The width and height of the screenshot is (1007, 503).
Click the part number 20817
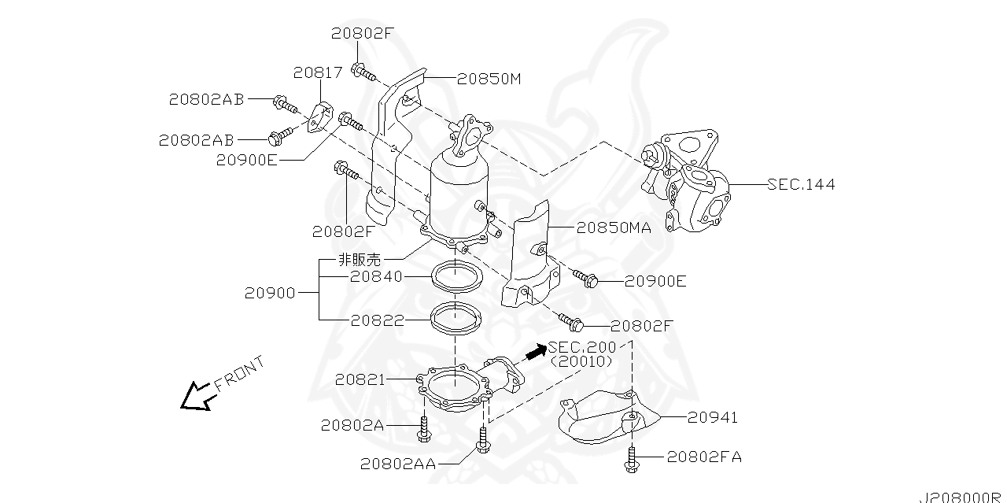[318, 72]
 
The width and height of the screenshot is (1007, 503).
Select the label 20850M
[489, 80]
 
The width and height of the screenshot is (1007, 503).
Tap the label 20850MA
[614, 228]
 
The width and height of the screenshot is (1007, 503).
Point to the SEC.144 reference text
[801, 184]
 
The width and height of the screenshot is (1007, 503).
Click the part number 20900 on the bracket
[270, 294]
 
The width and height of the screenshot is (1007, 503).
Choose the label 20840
[376, 276]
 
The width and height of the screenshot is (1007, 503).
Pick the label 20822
[378, 321]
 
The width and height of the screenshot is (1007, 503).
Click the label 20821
[360, 380]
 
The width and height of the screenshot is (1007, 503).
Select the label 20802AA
[398, 464]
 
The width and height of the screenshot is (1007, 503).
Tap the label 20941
[713, 418]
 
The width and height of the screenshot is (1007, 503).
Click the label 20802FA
[704, 457]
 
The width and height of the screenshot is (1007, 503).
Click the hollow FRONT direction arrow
[196, 397]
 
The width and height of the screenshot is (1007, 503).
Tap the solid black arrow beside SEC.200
[536, 351]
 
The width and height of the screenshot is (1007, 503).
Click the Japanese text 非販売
[360, 260]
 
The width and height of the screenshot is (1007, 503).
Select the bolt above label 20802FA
[631, 459]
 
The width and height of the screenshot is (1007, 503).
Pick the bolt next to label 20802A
[423, 429]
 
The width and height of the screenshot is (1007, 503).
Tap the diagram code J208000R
[962, 497]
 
